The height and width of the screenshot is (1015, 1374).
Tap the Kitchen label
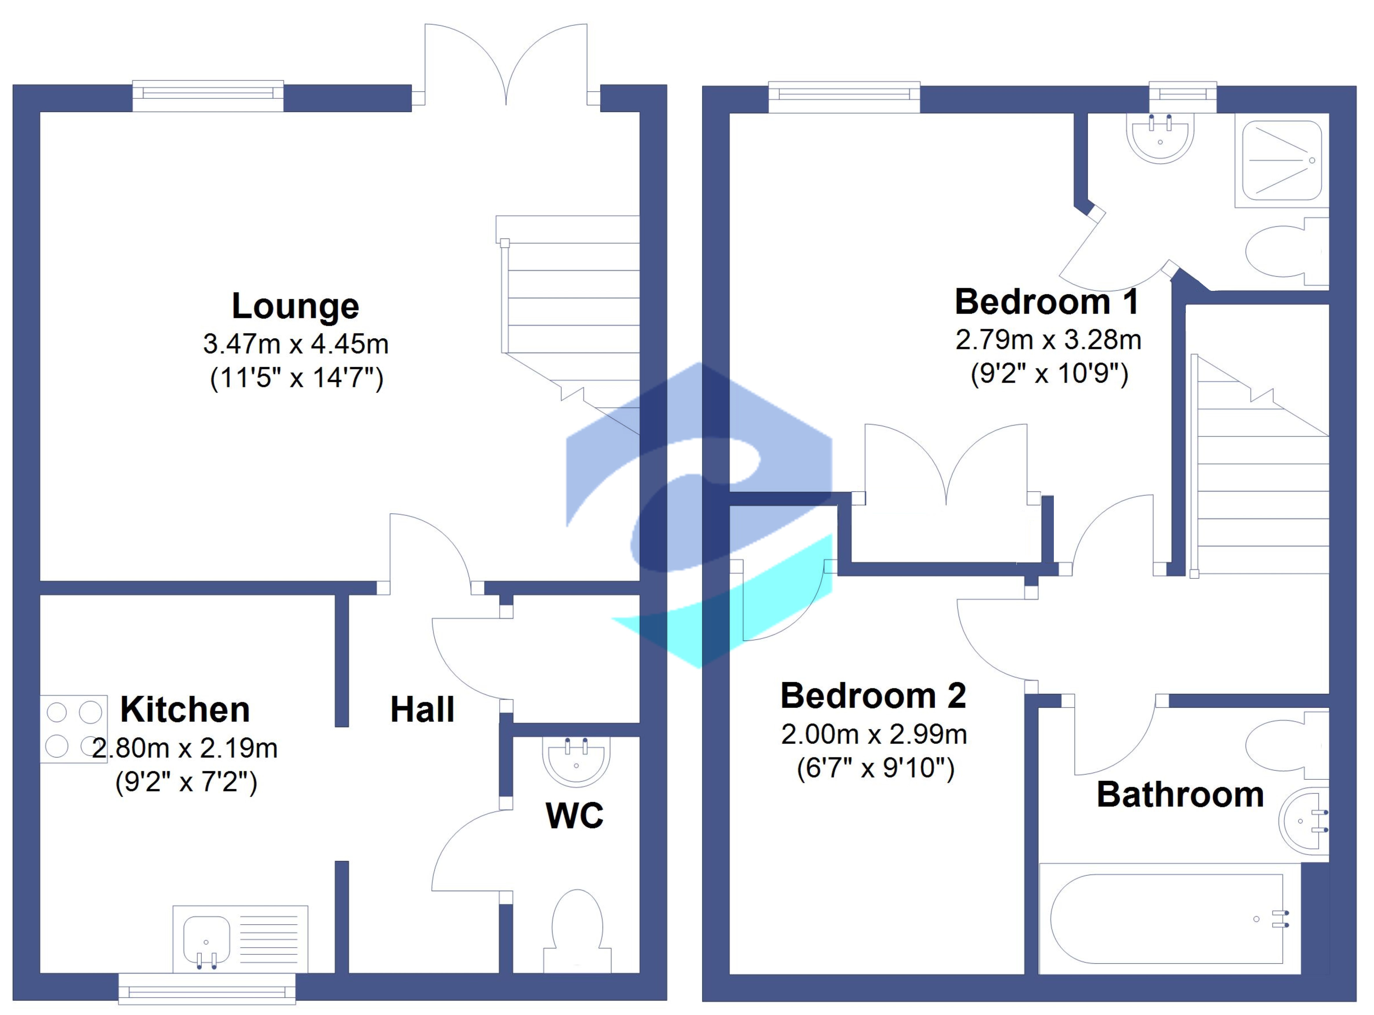pyautogui.click(x=185, y=710)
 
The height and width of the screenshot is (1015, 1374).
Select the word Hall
pyautogui.click(x=423, y=710)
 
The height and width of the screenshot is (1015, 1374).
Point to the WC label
pyautogui.click(x=574, y=815)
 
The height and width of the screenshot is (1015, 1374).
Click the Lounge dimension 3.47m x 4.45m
pyautogui.click(x=296, y=344)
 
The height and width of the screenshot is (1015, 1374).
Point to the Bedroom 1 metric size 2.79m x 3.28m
pyautogui.click(x=1048, y=340)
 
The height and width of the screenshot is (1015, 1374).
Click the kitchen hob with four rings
pyautogui.click(x=74, y=729)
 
